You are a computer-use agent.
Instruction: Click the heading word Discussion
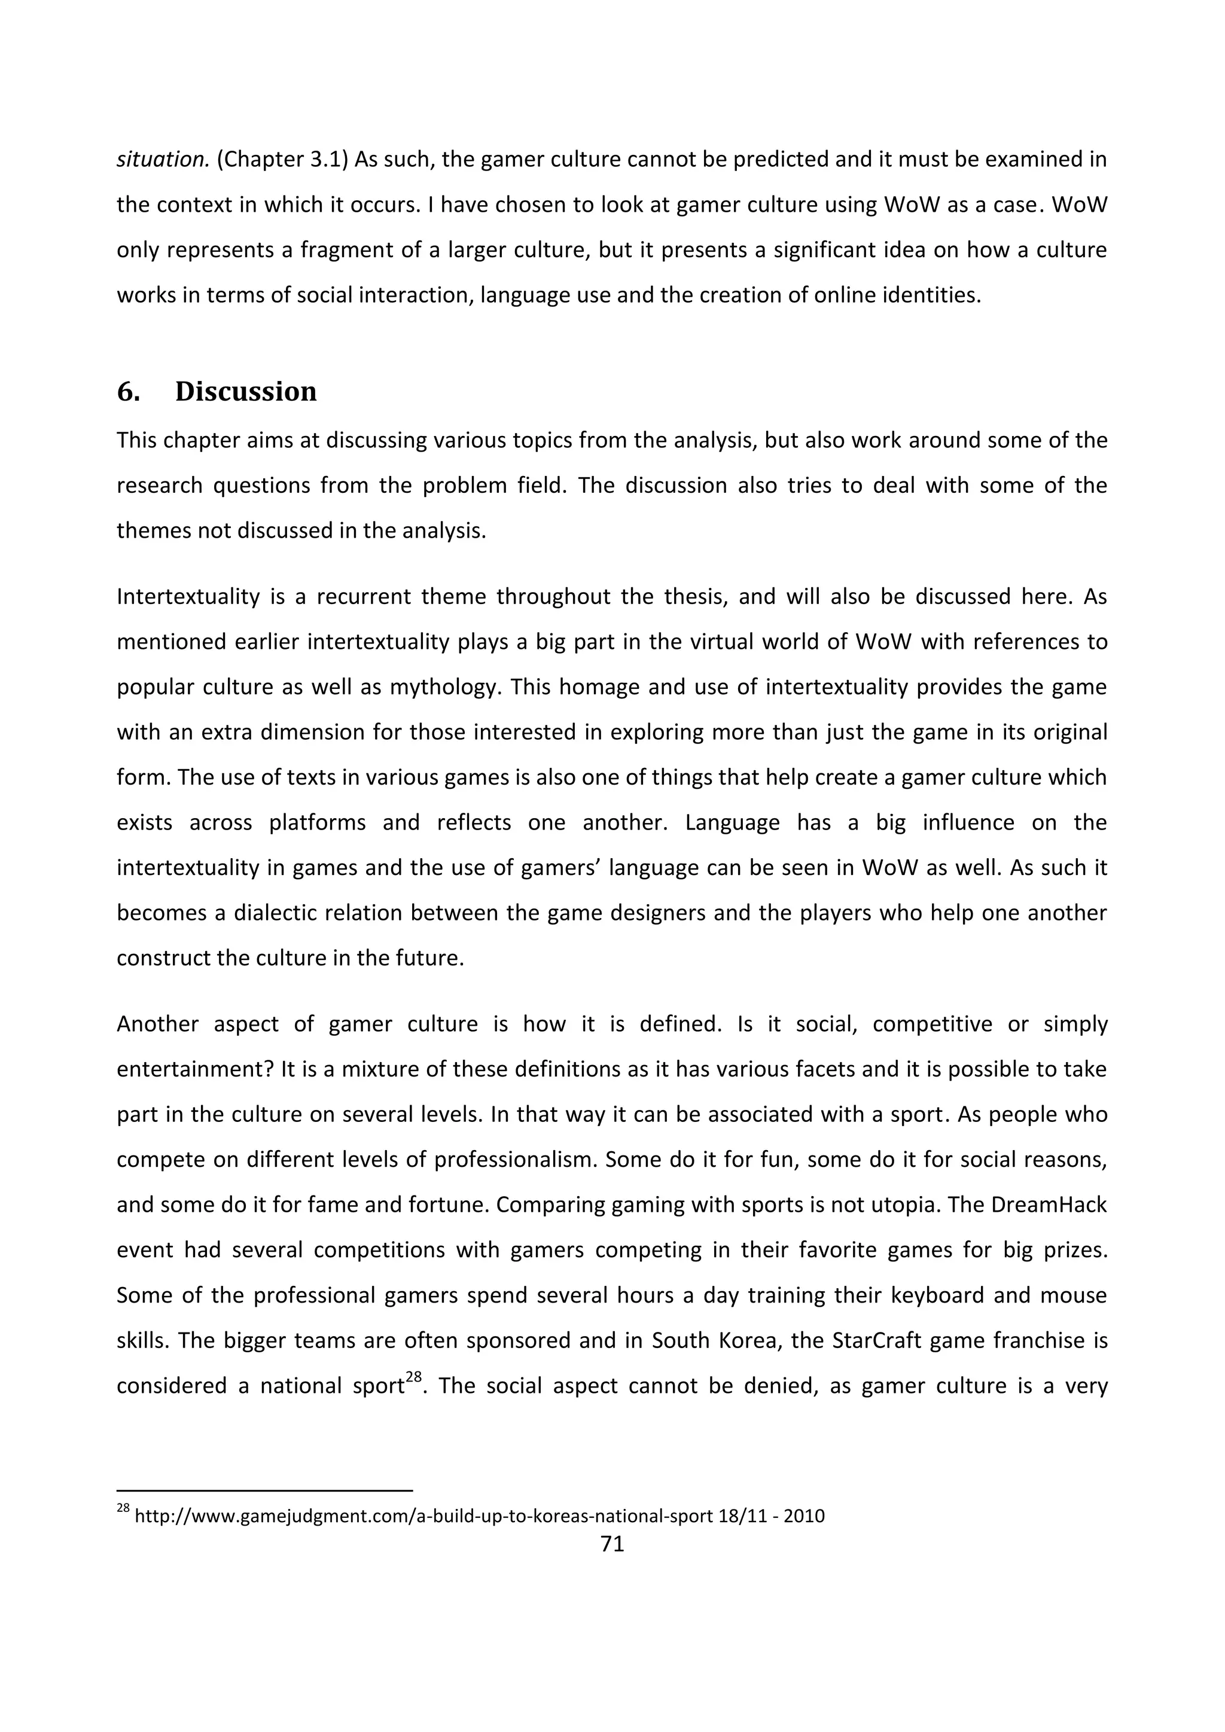click(246, 392)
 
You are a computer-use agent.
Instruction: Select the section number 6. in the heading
click(128, 392)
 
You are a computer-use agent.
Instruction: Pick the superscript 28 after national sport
click(413, 1377)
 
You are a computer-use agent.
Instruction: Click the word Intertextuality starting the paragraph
click(188, 597)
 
